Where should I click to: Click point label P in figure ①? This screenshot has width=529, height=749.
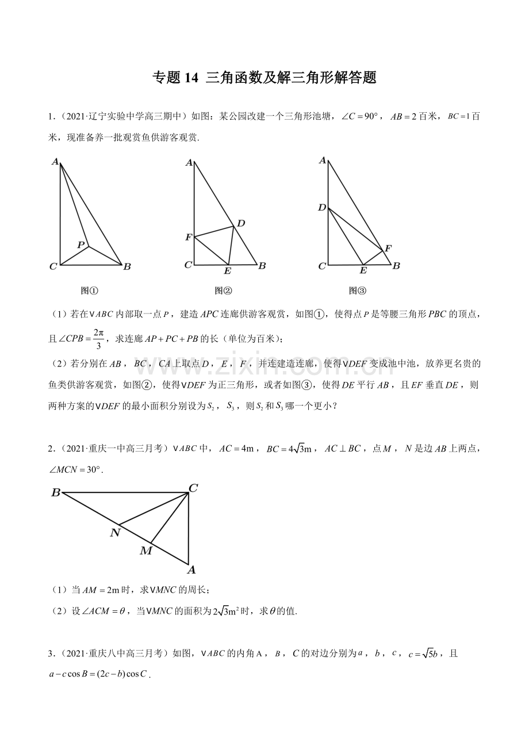point(81,244)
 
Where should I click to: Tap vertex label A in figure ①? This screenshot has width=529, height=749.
point(55,162)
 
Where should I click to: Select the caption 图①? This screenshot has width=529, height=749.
point(90,291)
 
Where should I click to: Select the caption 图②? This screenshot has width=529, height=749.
point(223,291)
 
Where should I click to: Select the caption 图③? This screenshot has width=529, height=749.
point(357,291)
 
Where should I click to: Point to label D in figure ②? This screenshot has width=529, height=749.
point(241,223)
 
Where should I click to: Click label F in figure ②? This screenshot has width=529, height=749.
point(188,237)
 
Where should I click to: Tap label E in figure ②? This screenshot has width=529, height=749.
point(227,271)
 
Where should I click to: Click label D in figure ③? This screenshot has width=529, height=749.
point(322,207)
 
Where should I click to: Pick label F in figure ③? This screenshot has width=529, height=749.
point(388,249)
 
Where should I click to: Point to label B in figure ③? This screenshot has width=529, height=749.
point(396,266)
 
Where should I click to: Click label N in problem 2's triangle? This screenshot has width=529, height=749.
point(115,533)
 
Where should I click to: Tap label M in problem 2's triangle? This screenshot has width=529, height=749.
point(146,551)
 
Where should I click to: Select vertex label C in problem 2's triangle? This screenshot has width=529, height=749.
point(193,488)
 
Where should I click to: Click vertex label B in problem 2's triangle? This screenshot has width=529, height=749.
point(56,492)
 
